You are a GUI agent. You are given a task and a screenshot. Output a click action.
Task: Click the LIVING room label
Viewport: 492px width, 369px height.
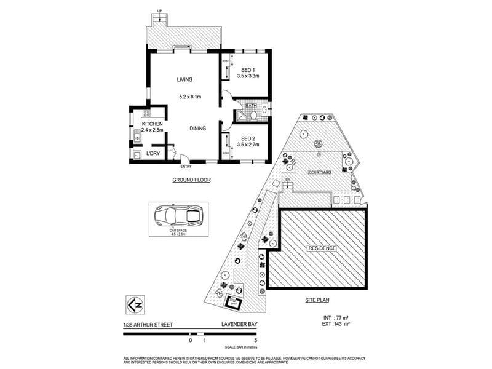click(185, 80)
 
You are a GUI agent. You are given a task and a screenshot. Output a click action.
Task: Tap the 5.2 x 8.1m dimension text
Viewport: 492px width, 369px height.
click(191, 97)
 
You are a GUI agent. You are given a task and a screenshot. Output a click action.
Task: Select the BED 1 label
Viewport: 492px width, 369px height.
click(248, 69)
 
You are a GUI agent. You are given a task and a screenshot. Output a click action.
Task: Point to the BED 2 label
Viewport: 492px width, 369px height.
click(248, 138)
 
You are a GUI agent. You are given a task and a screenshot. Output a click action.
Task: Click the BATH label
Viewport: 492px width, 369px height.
click(251, 106)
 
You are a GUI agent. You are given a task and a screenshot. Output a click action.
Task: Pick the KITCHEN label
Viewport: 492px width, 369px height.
click(152, 124)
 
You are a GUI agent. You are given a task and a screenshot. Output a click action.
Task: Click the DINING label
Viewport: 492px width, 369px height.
click(197, 128)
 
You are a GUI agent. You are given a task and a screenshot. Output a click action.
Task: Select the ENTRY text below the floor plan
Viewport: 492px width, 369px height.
click(185, 167)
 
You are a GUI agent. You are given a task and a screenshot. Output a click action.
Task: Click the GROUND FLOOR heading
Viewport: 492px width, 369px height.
click(191, 181)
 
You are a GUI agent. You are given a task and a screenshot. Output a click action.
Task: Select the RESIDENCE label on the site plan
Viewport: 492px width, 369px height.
click(322, 248)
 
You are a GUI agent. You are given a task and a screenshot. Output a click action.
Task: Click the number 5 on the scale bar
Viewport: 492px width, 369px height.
click(255, 340)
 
